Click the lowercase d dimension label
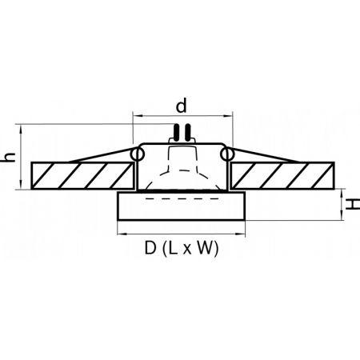pyautogui.click(x=182, y=106)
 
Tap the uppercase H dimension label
pyautogui.click(x=353, y=204)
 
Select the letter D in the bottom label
pyautogui.click(x=150, y=248)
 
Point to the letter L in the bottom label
pyautogui.click(x=172, y=248)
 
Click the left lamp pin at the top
pyautogui.click(x=176, y=132)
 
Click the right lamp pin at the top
pyautogui.click(x=188, y=132)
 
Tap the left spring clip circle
pyautogui.click(x=138, y=154)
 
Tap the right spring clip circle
pyautogui.click(x=227, y=154)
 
